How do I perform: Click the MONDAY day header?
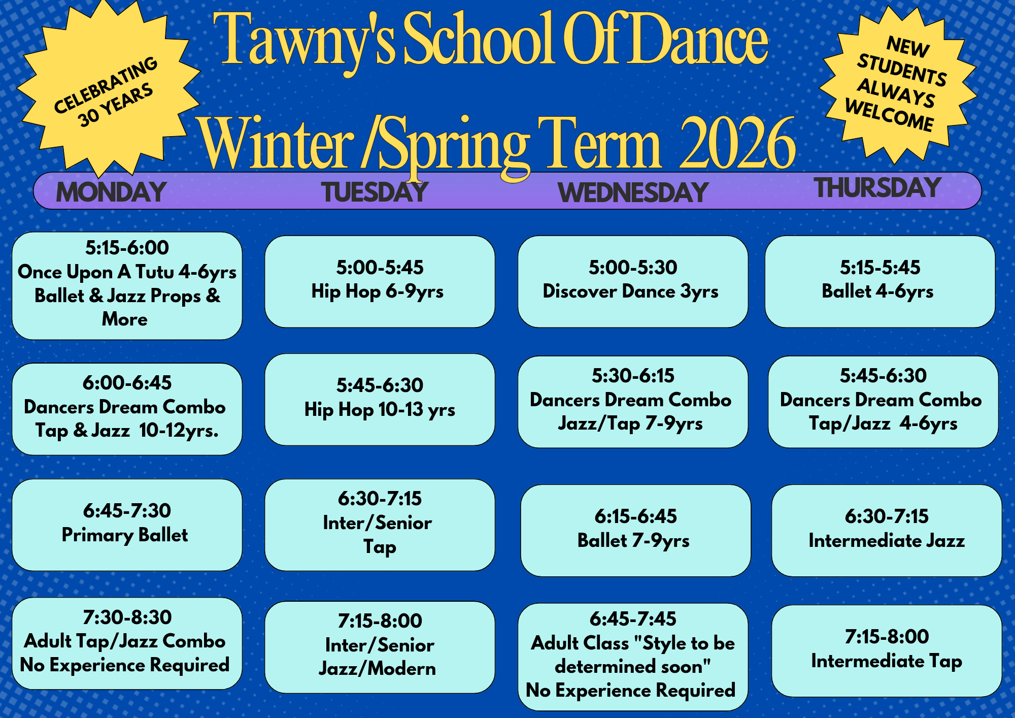coord(111,192)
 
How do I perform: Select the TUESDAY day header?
coord(375,192)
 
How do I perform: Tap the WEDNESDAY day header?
coord(632,192)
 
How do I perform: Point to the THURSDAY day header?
coord(877,187)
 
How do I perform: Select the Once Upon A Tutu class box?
coord(127,285)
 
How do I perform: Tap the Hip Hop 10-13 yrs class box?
coord(380,399)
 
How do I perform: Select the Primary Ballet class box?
coord(127,525)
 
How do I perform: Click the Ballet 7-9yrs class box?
coord(635,530)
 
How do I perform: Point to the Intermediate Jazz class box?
coord(887,530)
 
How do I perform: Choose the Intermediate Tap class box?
coord(887,650)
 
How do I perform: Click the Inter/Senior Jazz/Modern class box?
coord(380,647)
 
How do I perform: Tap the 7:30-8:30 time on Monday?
coord(127,617)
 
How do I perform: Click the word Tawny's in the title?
coord(304,41)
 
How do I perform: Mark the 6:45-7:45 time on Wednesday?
coord(633,619)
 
